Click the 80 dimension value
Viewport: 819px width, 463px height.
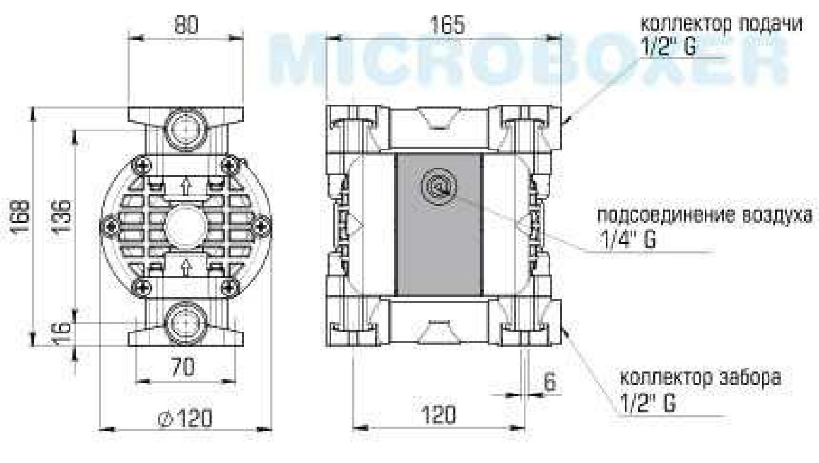(186, 25)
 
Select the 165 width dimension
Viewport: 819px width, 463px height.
(446, 25)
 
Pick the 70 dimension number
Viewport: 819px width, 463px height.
(183, 368)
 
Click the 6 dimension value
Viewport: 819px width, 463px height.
(550, 382)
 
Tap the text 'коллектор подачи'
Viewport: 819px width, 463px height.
(721, 24)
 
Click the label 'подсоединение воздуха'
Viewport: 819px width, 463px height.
(704, 216)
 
